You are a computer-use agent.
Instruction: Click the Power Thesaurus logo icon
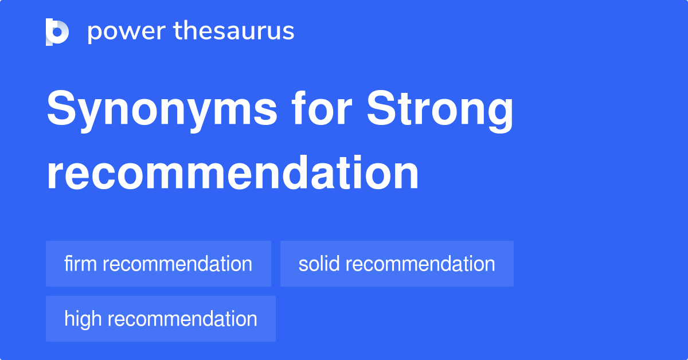pyautogui.click(x=57, y=32)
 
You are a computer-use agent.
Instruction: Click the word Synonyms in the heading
pyautogui.click(x=162, y=111)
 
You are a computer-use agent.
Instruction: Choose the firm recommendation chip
pyautogui.click(x=158, y=264)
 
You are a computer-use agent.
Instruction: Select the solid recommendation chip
pyautogui.click(x=397, y=264)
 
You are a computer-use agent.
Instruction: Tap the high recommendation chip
pyautogui.click(x=161, y=319)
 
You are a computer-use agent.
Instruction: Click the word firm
pyautogui.click(x=81, y=264)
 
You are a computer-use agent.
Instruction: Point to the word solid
pyautogui.click(x=319, y=264)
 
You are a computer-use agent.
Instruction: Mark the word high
pyautogui.click(x=84, y=319)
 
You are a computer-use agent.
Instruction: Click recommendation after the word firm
pyautogui.click(x=177, y=264)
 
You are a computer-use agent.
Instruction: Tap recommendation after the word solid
pyautogui.click(x=420, y=264)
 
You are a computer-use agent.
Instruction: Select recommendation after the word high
pyautogui.click(x=182, y=319)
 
